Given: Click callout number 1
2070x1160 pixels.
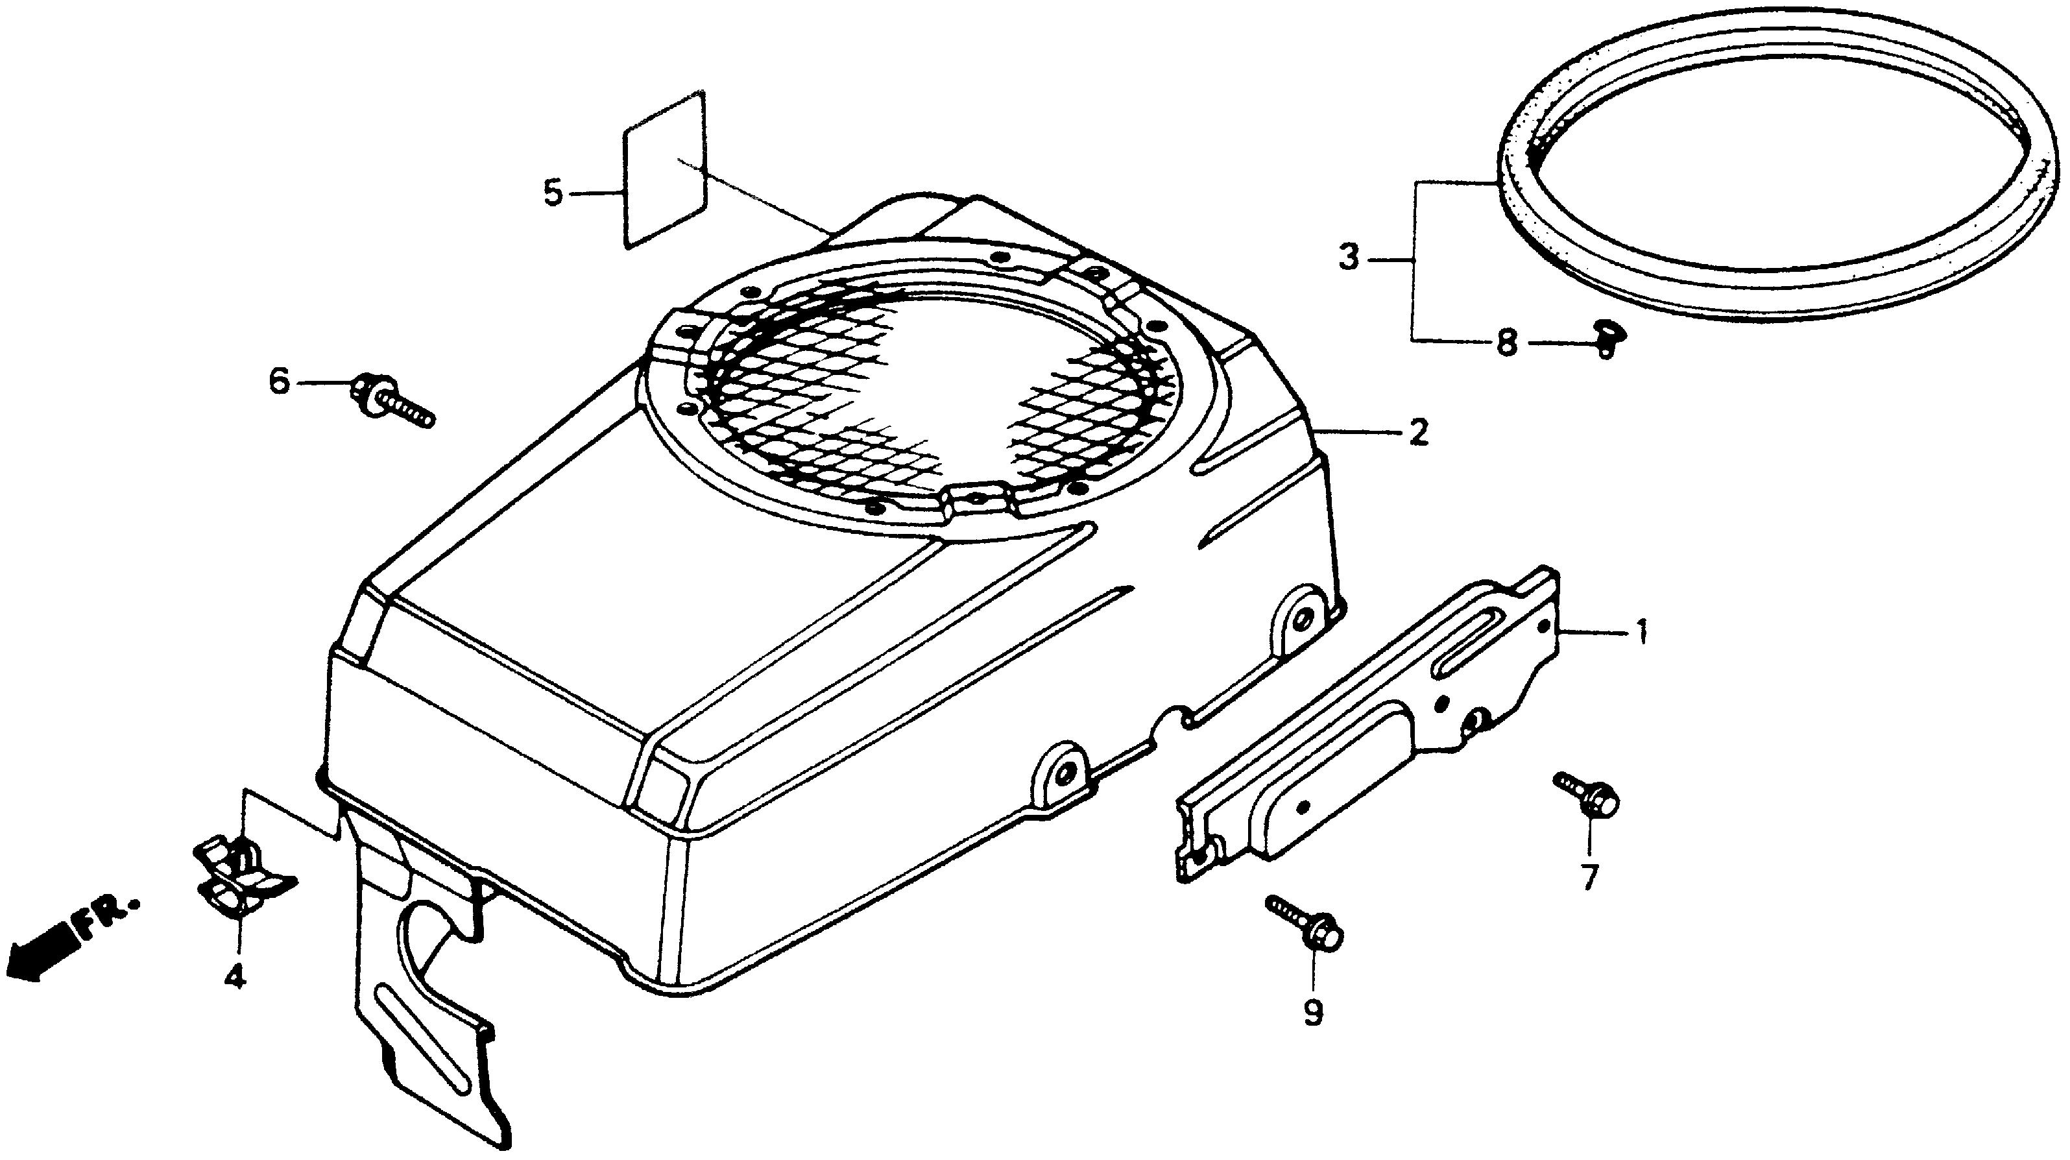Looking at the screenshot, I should tap(1641, 632).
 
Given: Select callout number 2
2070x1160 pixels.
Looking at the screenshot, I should tap(1417, 433).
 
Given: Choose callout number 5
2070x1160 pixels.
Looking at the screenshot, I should tap(553, 194).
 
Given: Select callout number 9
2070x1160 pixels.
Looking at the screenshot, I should tap(1312, 1013).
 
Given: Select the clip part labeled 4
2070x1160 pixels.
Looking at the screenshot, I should tap(241, 877).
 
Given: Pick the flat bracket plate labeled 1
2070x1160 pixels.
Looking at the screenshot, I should tap(1366, 723).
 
